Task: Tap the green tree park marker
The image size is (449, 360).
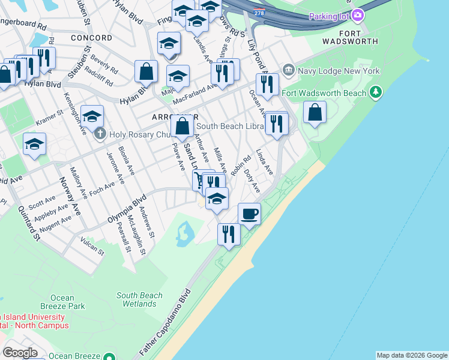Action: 376,92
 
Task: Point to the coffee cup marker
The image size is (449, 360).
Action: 249,213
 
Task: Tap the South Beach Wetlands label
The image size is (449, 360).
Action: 140,299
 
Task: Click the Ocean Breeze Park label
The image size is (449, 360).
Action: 62,302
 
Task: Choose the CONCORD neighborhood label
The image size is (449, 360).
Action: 91,38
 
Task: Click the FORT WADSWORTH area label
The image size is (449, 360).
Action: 350,37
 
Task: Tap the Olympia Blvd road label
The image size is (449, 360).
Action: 127,208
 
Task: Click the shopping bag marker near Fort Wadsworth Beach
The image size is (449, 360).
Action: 315,112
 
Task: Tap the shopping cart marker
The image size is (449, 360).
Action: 198,179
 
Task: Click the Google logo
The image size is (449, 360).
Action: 20,353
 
